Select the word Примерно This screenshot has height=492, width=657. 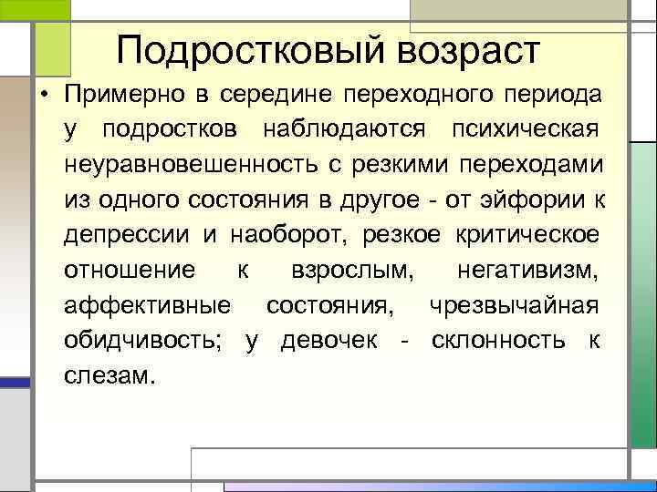[125, 95]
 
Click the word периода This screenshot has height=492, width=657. [553, 95]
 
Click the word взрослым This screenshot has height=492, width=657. [350, 270]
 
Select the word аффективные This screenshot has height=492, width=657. [147, 304]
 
